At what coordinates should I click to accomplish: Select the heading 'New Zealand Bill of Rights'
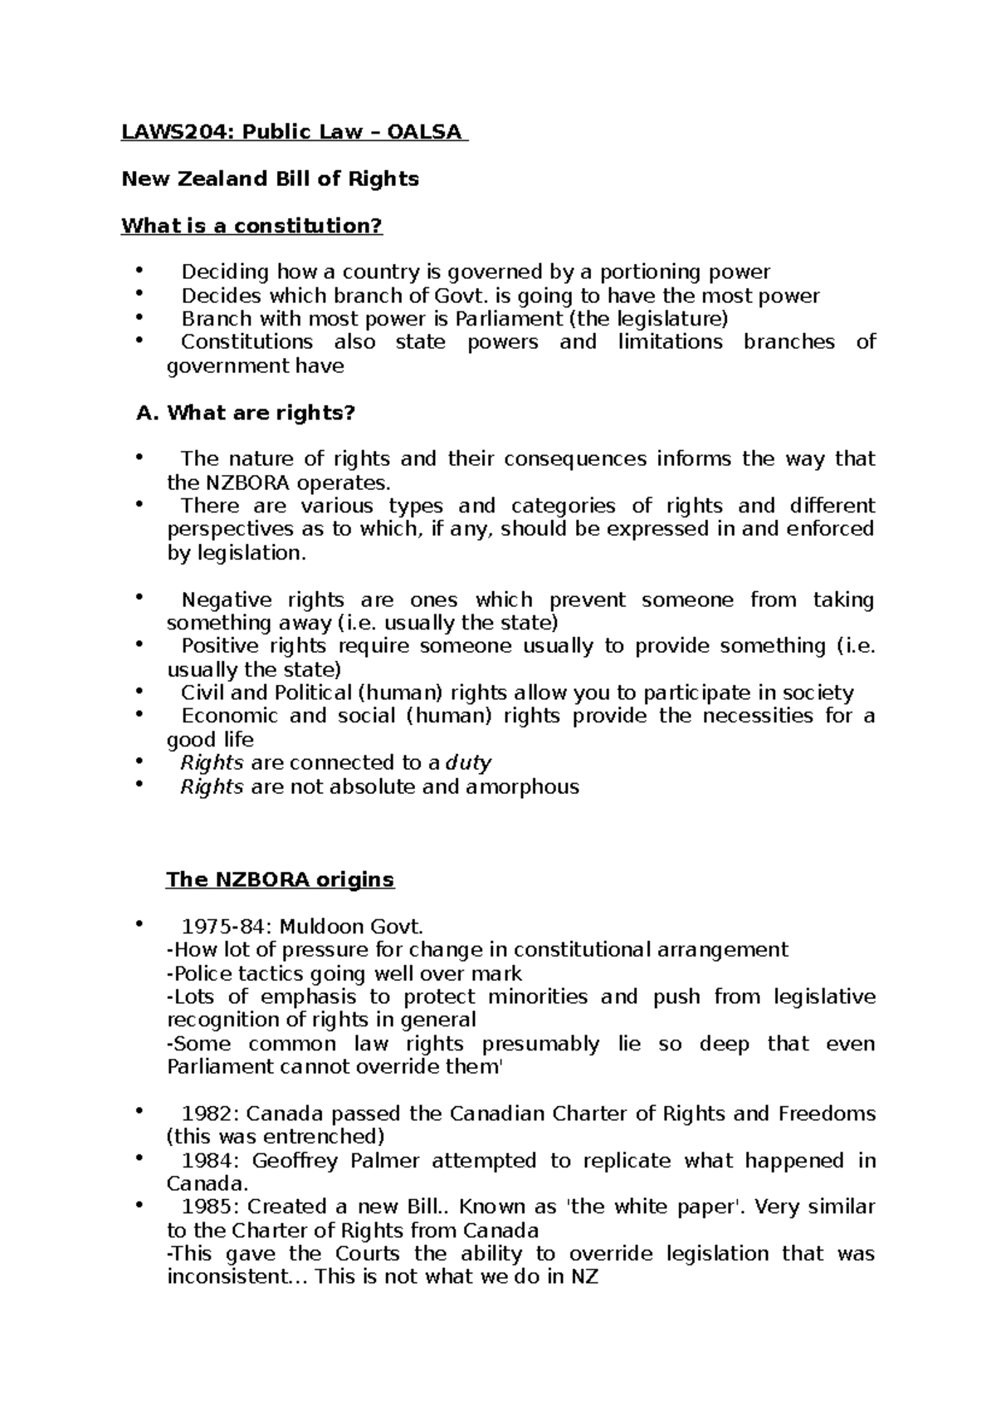pyautogui.click(x=270, y=179)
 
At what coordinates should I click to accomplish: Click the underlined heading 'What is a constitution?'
pyautogui.click(x=252, y=226)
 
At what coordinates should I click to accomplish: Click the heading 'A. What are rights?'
pyautogui.click(x=245, y=413)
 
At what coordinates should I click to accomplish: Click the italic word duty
pyautogui.click(x=469, y=763)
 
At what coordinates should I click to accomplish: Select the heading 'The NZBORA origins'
pyautogui.click(x=280, y=879)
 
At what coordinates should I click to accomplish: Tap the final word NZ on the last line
pyautogui.click(x=584, y=1276)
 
